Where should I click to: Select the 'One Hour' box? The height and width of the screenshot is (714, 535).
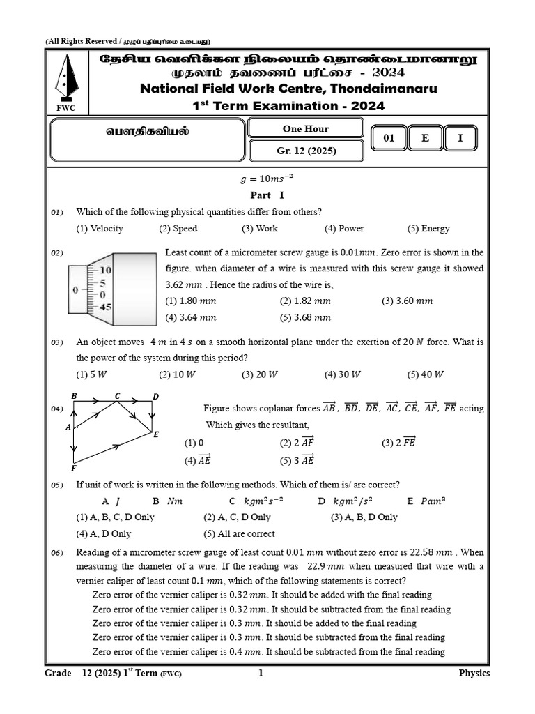coord(306,128)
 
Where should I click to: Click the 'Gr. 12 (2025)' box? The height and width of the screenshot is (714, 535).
coord(306,151)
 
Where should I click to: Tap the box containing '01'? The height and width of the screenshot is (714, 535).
coord(389,138)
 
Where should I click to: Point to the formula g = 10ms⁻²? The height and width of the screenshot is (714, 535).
coord(267,180)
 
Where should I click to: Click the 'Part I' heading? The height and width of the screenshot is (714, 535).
coord(267,195)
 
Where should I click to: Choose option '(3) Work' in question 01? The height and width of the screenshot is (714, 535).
coord(259,229)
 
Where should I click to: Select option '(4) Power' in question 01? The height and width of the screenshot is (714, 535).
coord(343,229)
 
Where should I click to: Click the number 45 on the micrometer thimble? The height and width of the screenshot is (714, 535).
coord(105,306)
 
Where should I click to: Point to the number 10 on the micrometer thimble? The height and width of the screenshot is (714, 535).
coord(105,270)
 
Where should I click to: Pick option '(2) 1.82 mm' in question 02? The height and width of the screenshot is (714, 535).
coord(305,301)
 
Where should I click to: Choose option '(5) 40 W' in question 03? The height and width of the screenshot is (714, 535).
coord(425,374)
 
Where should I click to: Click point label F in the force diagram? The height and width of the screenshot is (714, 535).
coord(73,469)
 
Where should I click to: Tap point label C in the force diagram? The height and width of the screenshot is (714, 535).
coord(118,396)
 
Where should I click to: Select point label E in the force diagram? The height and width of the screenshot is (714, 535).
coord(156,434)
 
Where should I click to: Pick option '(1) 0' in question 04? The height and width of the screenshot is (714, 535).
coord(194,443)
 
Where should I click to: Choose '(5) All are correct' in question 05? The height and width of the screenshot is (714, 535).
coord(239,533)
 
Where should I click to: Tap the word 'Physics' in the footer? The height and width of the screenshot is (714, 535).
coord(474,673)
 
